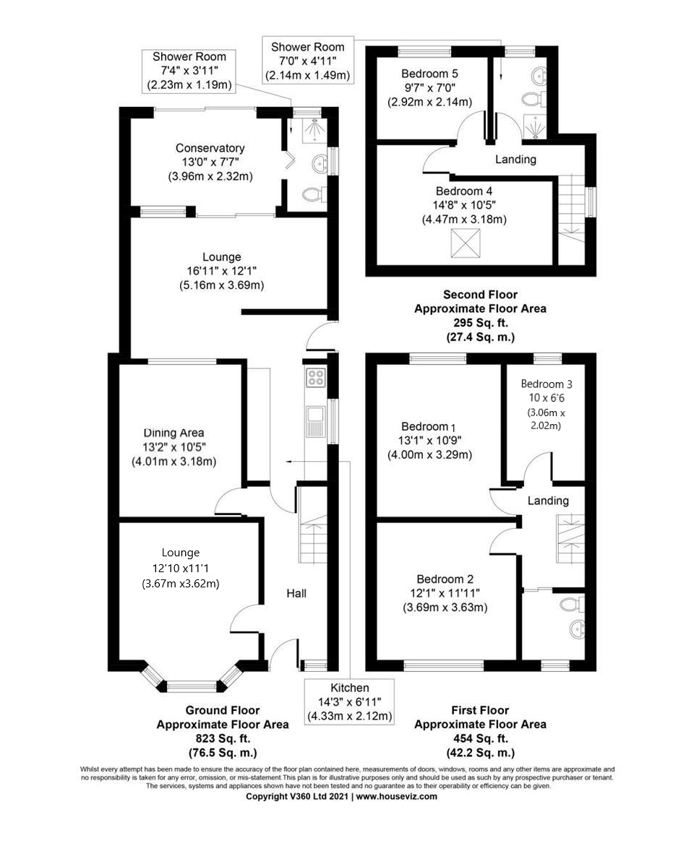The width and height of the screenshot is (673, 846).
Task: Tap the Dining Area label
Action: point(173,433)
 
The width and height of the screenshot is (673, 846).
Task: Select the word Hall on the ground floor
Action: point(296,593)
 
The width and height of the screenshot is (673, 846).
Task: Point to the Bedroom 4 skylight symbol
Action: point(466,243)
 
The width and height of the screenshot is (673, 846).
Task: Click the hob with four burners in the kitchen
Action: point(316,376)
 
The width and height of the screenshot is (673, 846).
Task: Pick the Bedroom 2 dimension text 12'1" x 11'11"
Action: point(445,593)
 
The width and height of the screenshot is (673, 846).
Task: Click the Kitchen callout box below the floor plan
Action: point(349,702)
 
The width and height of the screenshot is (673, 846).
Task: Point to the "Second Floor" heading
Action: point(479,295)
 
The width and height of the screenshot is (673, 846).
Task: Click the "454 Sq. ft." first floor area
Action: point(480,738)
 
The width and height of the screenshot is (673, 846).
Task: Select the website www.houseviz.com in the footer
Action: point(396,796)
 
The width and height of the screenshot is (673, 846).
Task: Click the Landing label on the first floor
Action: point(547,500)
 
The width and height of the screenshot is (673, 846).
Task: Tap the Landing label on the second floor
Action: point(515,159)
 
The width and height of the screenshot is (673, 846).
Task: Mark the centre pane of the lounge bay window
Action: point(192,686)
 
